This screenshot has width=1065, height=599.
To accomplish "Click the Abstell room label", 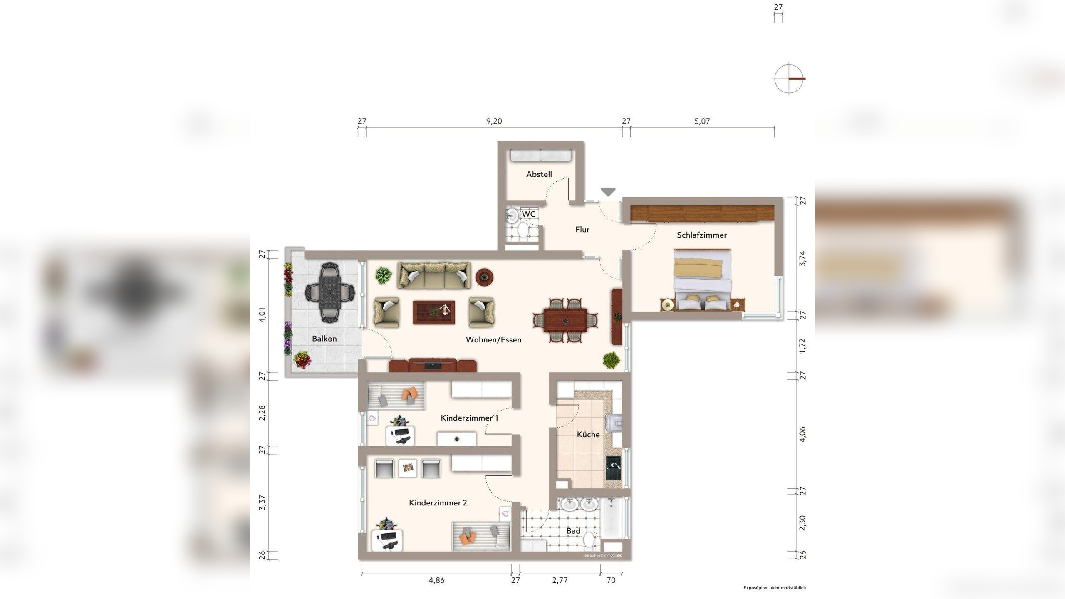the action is [539, 174].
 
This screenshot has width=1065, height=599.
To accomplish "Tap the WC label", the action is [529, 214].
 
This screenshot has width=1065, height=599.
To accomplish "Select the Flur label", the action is [582, 229].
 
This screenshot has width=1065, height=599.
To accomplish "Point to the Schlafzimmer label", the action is [702, 235].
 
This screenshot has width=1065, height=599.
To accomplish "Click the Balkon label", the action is [324, 339].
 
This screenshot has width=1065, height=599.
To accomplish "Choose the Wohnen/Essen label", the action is [493, 339].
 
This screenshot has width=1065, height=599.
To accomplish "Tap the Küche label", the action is [588, 434].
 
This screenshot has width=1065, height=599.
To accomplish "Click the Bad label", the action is [573, 531].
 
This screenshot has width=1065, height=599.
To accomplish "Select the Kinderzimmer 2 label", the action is [438, 502].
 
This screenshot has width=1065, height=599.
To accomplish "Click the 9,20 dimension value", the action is [494, 121].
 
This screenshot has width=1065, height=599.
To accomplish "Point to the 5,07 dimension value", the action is [702, 121].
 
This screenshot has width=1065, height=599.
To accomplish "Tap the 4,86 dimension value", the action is [437, 580].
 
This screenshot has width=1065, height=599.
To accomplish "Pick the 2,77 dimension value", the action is [560, 580].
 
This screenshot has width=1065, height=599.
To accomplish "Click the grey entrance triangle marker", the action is [608, 192].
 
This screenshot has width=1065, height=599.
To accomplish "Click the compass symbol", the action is [789, 79].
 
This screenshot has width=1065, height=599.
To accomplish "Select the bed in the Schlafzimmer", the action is [702, 280].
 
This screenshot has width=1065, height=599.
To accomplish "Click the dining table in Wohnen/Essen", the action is [565, 320].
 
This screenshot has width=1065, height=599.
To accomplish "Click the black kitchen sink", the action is [613, 468].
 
